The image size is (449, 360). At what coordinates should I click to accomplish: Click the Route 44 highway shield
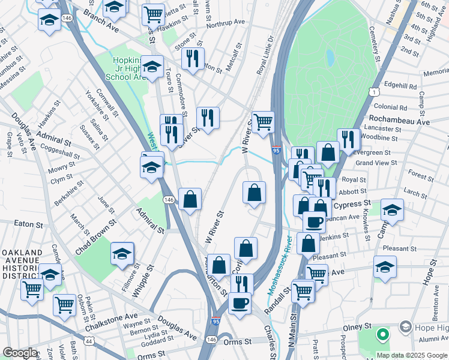(89, 341)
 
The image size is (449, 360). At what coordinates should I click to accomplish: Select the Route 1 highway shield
(373, 92)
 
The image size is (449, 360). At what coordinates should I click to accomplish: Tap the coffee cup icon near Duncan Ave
(313, 222)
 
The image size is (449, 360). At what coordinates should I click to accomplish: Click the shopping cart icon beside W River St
(263, 122)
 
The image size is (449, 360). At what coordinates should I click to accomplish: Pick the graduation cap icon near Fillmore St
(122, 254)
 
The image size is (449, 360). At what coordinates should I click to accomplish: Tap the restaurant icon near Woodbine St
(348, 139)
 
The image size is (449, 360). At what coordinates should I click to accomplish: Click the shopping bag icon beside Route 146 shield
(190, 200)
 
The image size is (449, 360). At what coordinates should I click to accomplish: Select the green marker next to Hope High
(382, 334)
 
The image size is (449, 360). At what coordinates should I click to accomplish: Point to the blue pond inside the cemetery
(330, 58)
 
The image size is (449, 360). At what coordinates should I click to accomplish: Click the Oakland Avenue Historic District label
(22, 264)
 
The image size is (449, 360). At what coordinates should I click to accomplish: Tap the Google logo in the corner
(20, 353)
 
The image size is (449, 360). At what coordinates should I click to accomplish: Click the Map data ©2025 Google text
(412, 355)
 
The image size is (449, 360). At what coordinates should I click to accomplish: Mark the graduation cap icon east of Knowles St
(391, 210)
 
